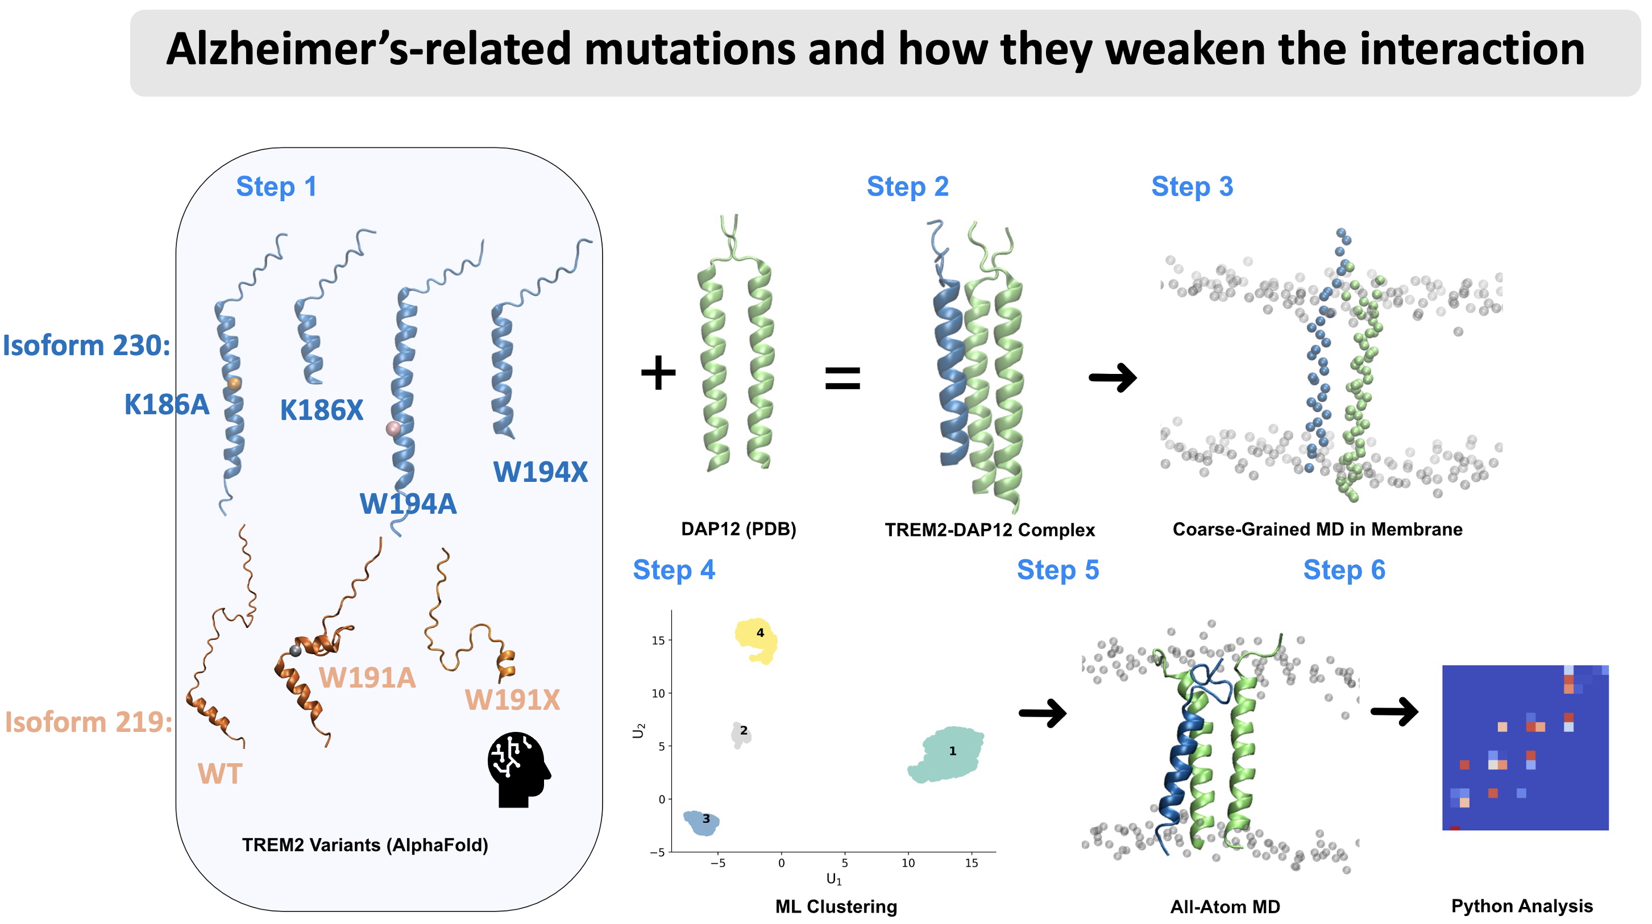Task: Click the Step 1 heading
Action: [x=276, y=186]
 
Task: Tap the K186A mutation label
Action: [x=166, y=405]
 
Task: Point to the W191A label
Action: [x=367, y=678]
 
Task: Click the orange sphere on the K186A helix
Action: [x=234, y=384]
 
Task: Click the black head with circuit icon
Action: [x=517, y=769]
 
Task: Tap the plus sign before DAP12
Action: [x=658, y=373]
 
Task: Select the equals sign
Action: [x=842, y=378]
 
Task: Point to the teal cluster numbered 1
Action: [x=947, y=755]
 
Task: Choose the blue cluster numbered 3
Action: [x=701, y=821]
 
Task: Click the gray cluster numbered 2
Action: [x=740, y=734]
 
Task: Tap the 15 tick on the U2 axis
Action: [x=657, y=640]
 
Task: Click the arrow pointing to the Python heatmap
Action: [x=1394, y=712]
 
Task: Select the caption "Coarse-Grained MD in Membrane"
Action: [x=1317, y=529]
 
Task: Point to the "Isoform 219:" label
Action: [x=89, y=722]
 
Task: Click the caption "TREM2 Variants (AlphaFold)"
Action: [x=365, y=845]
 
